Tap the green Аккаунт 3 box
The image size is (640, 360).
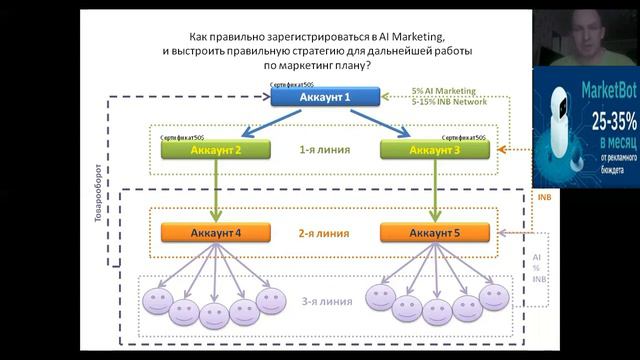coord(435,150)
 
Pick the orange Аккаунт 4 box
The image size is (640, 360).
coord(215,233)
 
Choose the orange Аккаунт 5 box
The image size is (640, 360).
coord(435,233)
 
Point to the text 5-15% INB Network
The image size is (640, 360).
coord(449,101)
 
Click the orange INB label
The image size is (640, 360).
coord(544,197)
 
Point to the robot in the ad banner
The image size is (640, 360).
coord(556,130)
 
